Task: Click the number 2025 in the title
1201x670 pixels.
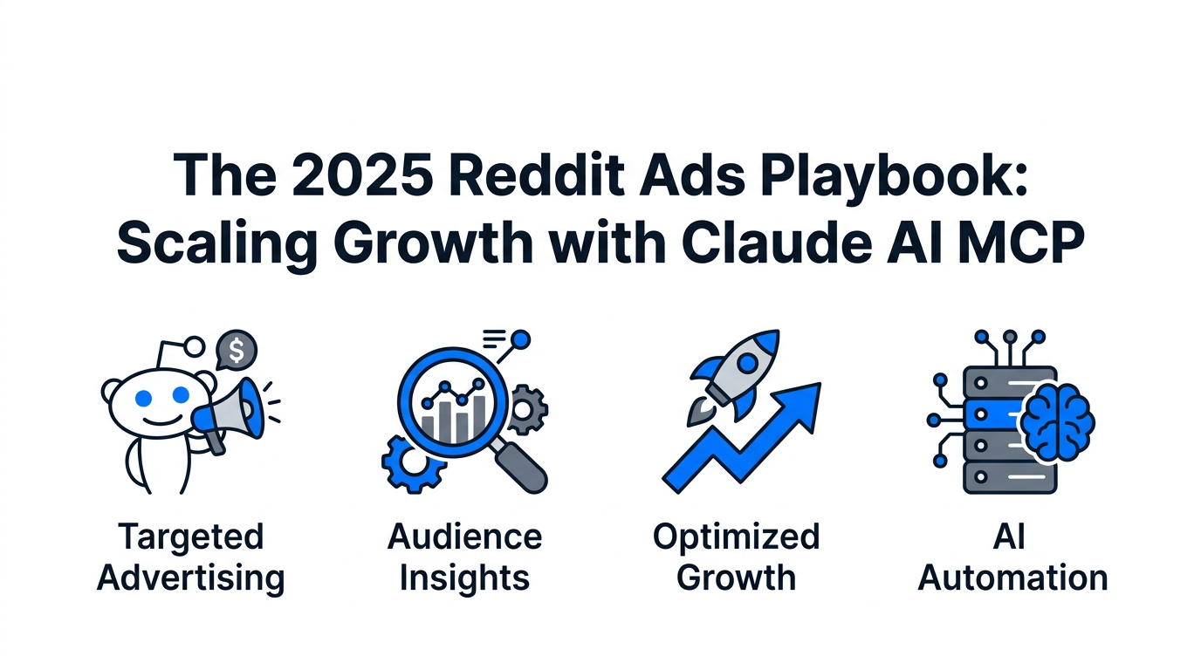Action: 362,174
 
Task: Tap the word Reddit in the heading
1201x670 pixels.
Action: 537,174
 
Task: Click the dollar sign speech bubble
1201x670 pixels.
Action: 237,350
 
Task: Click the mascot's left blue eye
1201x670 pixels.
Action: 143,398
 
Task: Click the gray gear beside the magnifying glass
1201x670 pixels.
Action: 527,409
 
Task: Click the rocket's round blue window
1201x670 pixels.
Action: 747,364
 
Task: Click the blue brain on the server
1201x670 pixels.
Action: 1057,421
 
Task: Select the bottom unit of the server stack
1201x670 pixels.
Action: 1010,476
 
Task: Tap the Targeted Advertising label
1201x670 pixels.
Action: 191,557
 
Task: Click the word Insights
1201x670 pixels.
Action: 464,579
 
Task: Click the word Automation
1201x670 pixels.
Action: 1012,578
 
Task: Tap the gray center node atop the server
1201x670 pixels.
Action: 1010,337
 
